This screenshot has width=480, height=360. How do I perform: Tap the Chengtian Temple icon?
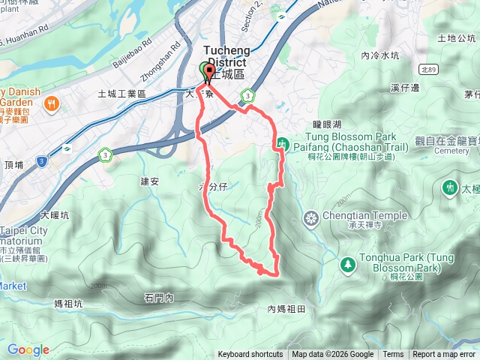point(310,219)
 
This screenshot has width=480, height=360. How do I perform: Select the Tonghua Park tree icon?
point(346,264)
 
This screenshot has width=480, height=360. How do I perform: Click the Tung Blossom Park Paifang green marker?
point(282,143)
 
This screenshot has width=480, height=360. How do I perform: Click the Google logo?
point(28,349)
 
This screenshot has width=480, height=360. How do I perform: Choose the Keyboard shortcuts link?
point(250,355)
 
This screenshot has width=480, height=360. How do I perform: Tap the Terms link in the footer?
point(392,355)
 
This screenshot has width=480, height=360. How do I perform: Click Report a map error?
point(444,355)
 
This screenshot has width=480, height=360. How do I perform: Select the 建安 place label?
point(149,181)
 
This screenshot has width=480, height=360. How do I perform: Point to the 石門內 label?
point(159,298)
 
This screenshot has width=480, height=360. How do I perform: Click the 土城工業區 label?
point(121,94)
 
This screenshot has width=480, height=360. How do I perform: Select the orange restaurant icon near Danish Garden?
point(52,105)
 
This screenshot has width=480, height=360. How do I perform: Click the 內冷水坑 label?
point(379,55)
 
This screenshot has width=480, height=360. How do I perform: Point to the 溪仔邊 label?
point(405,88)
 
